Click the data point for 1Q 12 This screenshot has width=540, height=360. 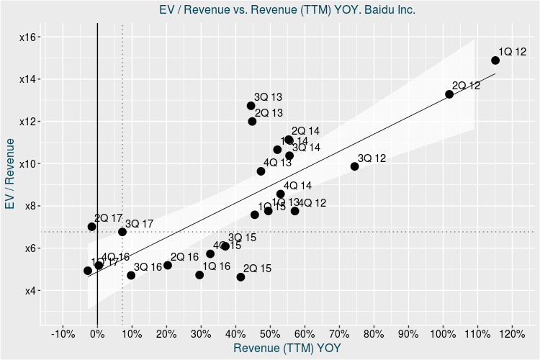[495, 60]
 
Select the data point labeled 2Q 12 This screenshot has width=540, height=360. [449, 94]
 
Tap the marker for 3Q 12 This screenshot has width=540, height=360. [354, 166]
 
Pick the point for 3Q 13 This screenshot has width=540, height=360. [251, 106]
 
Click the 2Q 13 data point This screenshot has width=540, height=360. [252, 122]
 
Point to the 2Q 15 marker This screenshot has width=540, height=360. [240, 277]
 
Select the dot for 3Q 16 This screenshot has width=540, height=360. [131, 275]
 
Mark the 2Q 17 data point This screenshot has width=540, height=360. [91, 227]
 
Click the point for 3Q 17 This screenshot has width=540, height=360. [122, 232]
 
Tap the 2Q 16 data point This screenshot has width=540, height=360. [168, 265]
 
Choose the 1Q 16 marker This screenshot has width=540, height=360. [199, 275]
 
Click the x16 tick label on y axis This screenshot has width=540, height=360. [30, 37]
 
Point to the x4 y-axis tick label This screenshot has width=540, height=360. [30, 291]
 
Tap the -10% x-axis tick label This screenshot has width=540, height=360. [63, 334]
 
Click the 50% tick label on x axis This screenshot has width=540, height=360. [270, 334]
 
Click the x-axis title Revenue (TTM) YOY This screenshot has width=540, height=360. [288, 348]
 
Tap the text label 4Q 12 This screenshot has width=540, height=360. [312, 203]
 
